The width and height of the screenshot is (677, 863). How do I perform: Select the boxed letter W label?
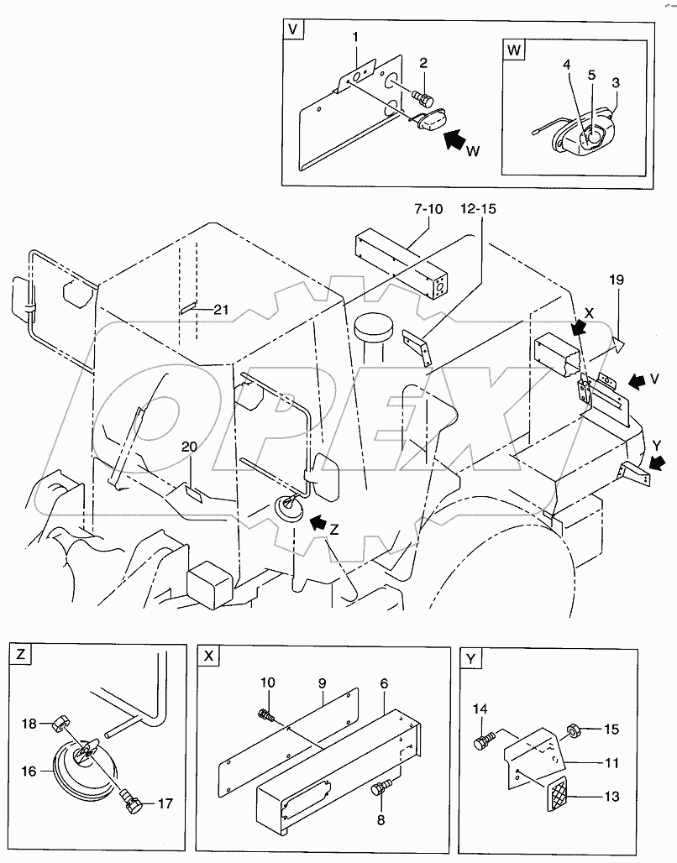coord(514,50)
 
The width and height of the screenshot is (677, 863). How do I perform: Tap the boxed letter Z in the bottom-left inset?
coord(20,656)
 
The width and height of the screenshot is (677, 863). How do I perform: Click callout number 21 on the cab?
coord(219,310)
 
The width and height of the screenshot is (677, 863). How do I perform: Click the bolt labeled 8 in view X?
coord(381,787)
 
